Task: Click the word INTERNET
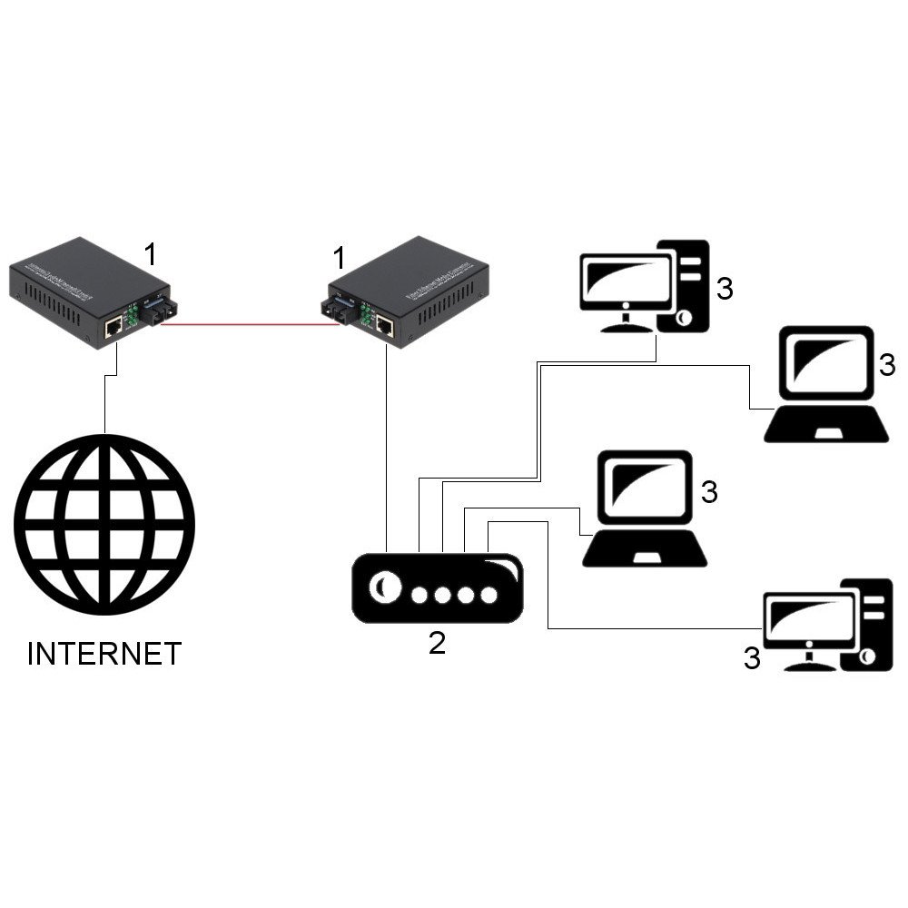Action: coord(104,653)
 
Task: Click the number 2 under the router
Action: coord(437,643)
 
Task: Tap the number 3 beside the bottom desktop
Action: coord(752,658)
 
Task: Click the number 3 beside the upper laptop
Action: coord(887,365)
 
